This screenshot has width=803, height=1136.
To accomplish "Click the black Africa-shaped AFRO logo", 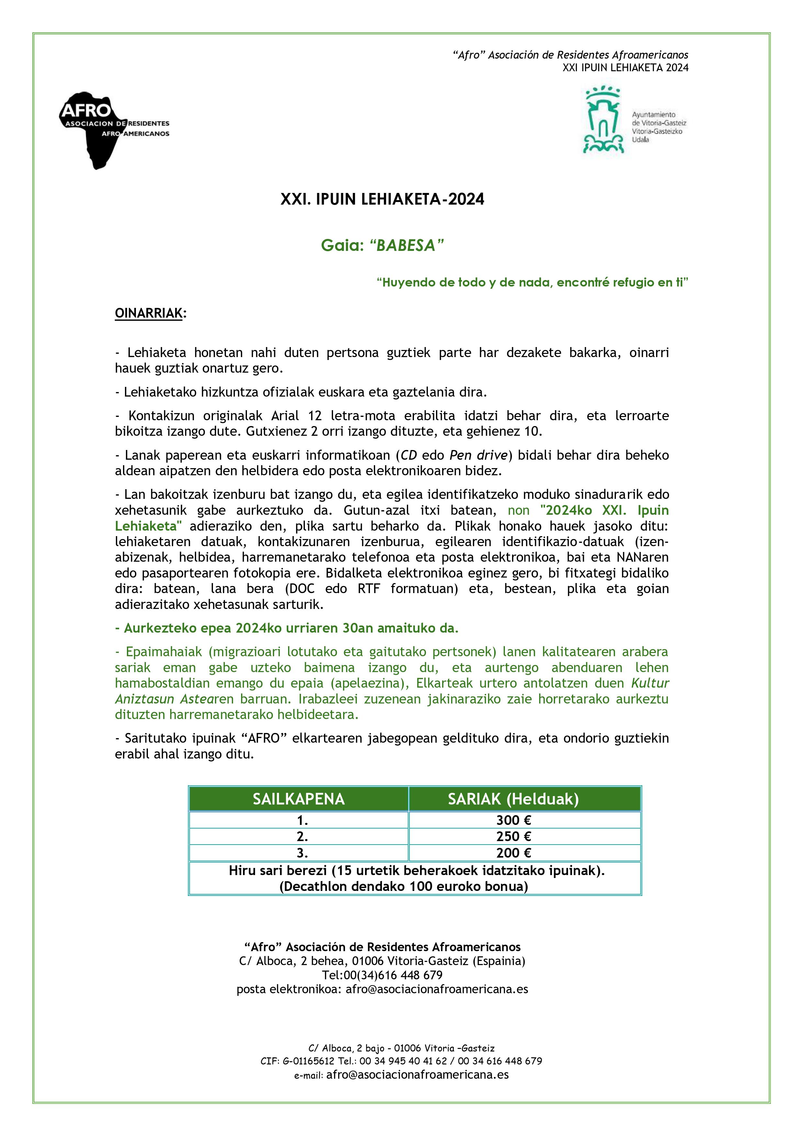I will [x=99, y=129].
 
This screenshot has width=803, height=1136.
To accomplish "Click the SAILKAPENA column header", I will [x=298, y=799].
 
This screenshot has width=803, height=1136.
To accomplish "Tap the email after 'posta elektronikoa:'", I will [x=437, y=989].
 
